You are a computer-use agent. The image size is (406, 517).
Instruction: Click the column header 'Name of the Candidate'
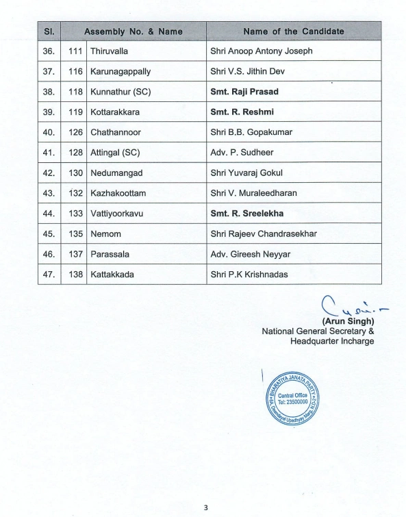pyautogui.click(x=293, y=31)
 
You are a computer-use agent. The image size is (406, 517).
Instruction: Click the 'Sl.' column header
pyautogui.click(x=49, y=31)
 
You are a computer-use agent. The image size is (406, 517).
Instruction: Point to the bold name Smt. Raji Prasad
pyautogui.click(x=244, y=92)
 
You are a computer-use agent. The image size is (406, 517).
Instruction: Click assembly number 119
pyautogui.click(x=76, y=112)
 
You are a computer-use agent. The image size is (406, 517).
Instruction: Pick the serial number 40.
pyautogui.click(x=49, y=132)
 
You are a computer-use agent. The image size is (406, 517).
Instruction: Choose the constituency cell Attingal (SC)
pyautogui.click(x=115, y=153)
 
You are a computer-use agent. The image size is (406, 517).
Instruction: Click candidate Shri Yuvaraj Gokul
pyautogui.click(x=246, y=173)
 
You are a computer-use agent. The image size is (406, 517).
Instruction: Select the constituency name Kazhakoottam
pyautogui.click(x=118, y=193)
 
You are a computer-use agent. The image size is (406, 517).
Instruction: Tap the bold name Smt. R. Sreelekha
pyautogui.click(x=247, y=214)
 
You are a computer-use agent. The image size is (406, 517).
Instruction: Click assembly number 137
pyautogui.click(x=76, y=254)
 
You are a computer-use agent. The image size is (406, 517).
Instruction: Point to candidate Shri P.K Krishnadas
pyautogui.click(x=249, y=275)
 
